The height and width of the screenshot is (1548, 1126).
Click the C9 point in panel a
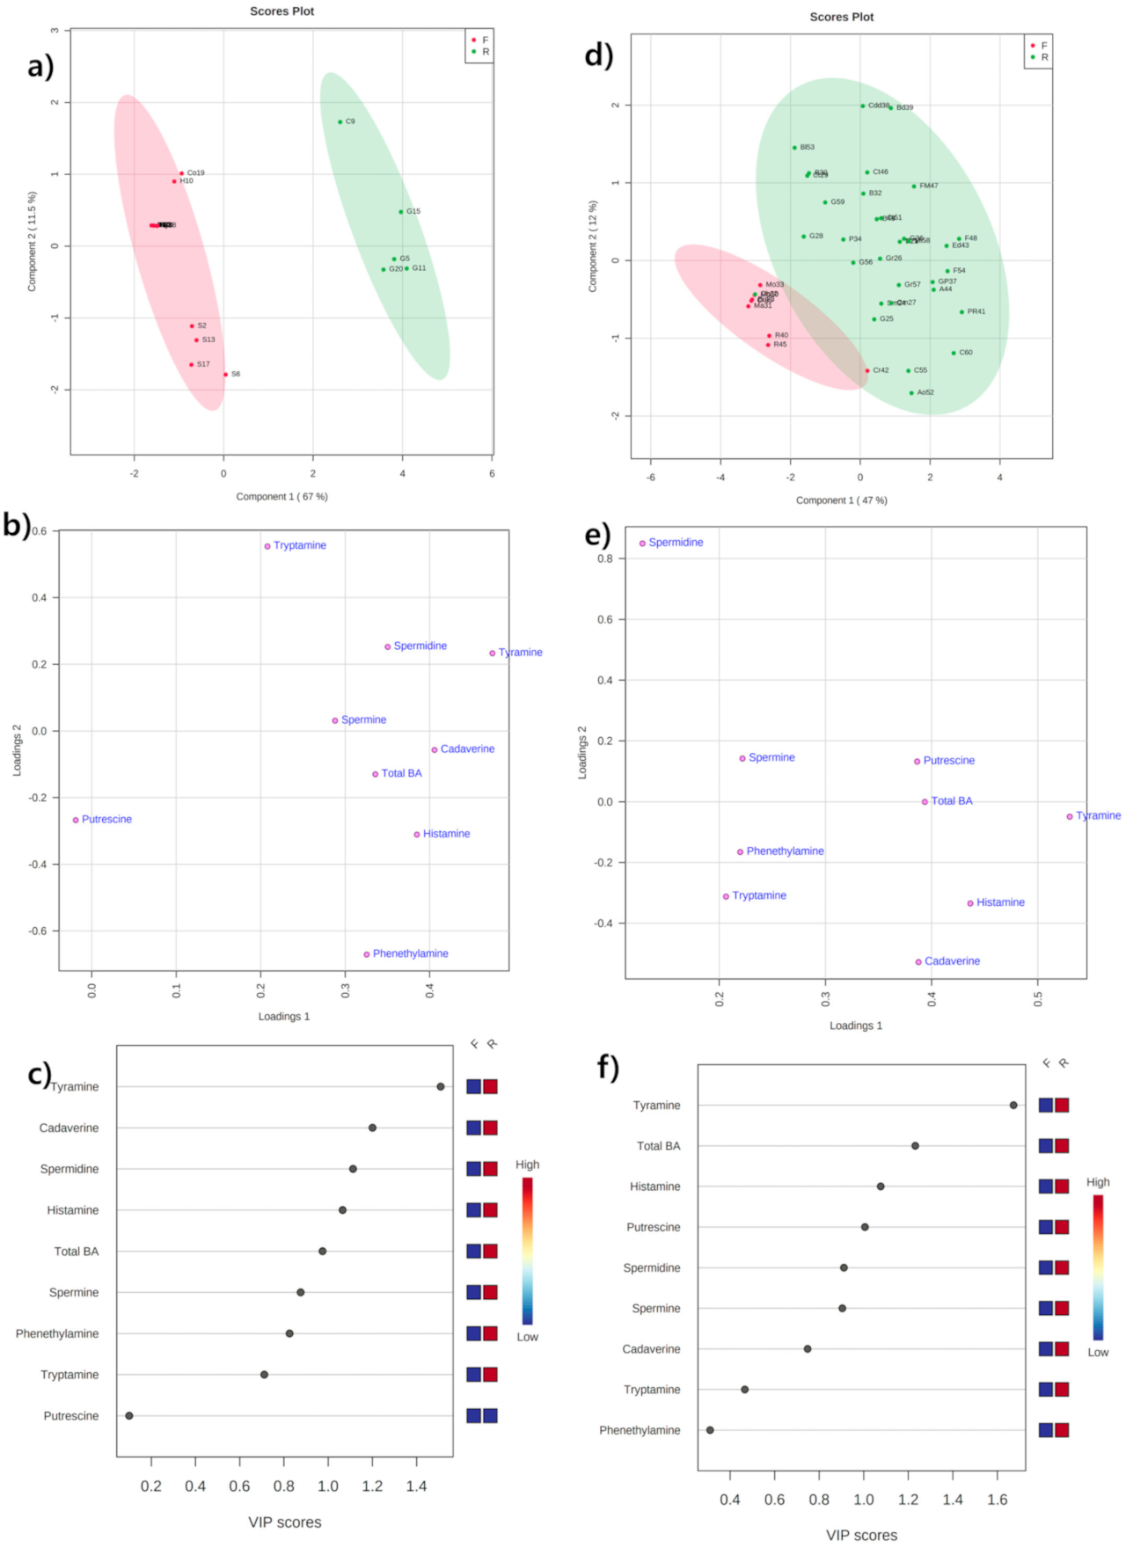(340, 122)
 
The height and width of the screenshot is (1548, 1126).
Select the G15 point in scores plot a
(401, 212)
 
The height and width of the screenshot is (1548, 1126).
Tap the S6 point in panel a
(225, 375)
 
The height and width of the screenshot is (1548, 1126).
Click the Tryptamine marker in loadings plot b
(267, 546)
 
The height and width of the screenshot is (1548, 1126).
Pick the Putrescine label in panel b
(106, 820)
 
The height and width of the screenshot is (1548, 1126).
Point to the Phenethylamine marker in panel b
(367, 954)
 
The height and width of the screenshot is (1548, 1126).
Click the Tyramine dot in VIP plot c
(441, 1087)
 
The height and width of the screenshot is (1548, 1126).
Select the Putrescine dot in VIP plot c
(129, 1416)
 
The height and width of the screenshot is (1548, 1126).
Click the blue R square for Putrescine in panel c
(490, 1416)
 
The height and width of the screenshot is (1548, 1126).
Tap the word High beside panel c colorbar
(527, 1165)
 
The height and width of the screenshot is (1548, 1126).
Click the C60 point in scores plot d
(954, 354)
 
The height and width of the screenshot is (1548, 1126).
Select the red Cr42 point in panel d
(867, 371)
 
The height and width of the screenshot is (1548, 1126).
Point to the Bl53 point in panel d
(794, 148)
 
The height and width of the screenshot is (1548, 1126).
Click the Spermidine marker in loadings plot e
(642, 544)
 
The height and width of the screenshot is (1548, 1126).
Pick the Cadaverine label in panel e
(952, 961)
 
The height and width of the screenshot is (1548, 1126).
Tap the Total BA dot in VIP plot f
(915, 1146)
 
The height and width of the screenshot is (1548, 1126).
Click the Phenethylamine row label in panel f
(640, 1431)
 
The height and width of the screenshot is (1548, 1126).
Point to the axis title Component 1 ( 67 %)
(281, 497)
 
